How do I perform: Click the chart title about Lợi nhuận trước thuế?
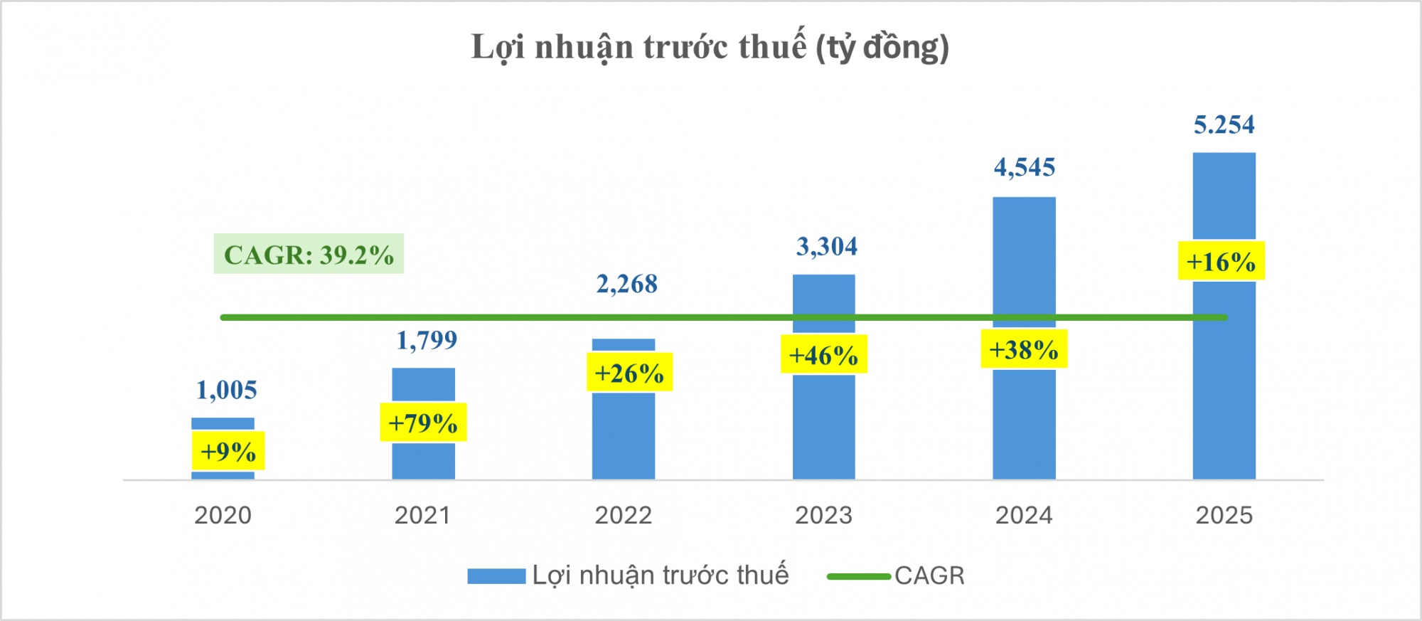[x=710, y=48]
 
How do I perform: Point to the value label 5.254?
[x=1224, y=125]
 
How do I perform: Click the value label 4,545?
[x=1024, y=168]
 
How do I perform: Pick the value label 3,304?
[x=826, y=247]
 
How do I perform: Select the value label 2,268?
[x=626, y=285]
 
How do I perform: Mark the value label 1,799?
[x=427, y=341]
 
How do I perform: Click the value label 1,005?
[x=226, y=391]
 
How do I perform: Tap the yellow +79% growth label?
[x=423, y=423]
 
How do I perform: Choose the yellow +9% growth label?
[x=228, y=451]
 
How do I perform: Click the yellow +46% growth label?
[x=823, y=354]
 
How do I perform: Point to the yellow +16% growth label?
[x=1221, y=261]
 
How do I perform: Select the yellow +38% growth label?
[x=1023, y=349]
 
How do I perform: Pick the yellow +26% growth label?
[x=629, y=372]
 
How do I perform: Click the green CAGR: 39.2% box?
[x=309, y=254]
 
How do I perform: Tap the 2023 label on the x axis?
[x=823, y=515]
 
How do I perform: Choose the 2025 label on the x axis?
[x=1224, y=515]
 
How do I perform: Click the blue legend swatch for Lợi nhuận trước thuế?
[x=496, y=576]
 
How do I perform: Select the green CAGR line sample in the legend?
[x=858, y=576]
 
